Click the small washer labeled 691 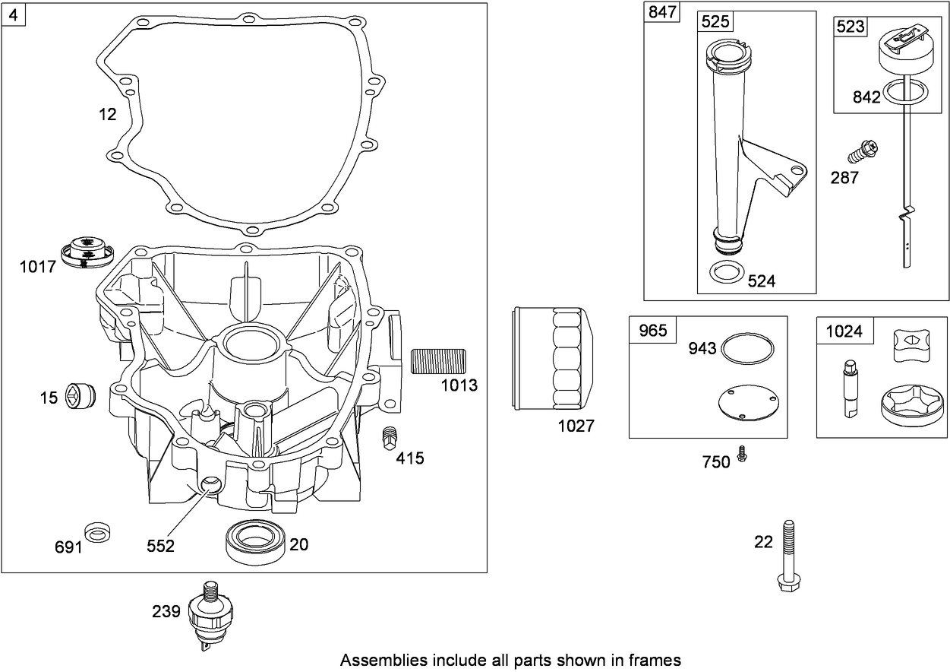coord(97,532)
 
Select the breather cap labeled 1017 coord(86,252)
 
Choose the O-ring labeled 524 coord(726,271)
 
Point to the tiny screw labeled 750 coord(743,455)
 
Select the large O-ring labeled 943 coord(749,349)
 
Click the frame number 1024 coord(844,331)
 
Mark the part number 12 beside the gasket coord(108,114)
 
